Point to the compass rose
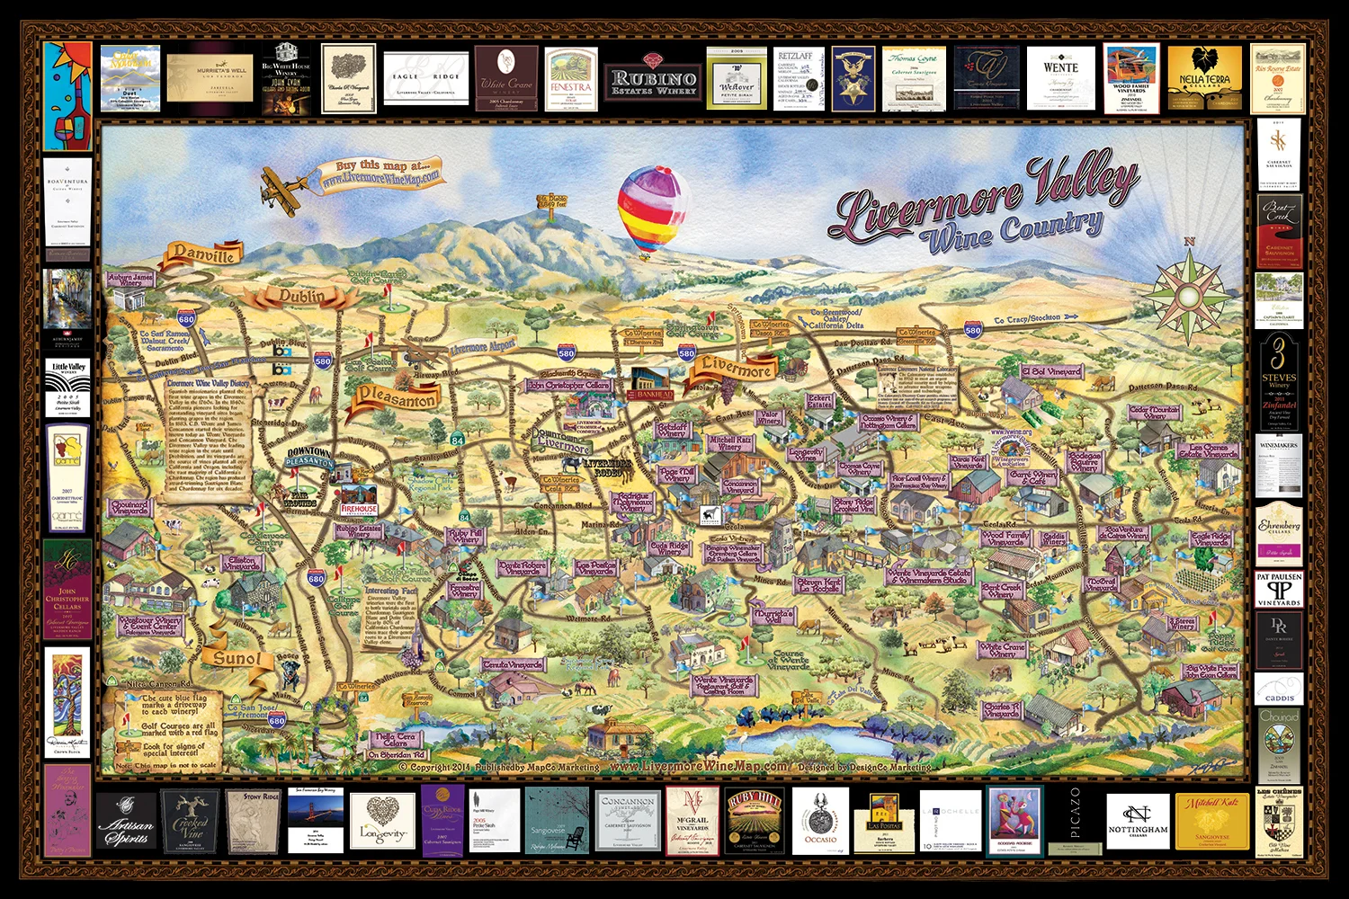(x=1188, y=293)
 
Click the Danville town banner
(x=203, y=255)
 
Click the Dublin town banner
(x=300, y=296)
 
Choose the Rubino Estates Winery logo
(x=653, y=82)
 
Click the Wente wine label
(x=1061, y=78)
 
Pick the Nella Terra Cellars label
(x=1204, y=80)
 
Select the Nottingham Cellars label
(x=1138, y=821)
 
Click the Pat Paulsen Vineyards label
(x=1279, y=589)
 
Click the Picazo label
(x=1076, y=820)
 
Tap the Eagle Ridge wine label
(x=426, y=80)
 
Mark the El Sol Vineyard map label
(x=1050, y=370)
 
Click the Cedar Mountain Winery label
(x=1154, y=413)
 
